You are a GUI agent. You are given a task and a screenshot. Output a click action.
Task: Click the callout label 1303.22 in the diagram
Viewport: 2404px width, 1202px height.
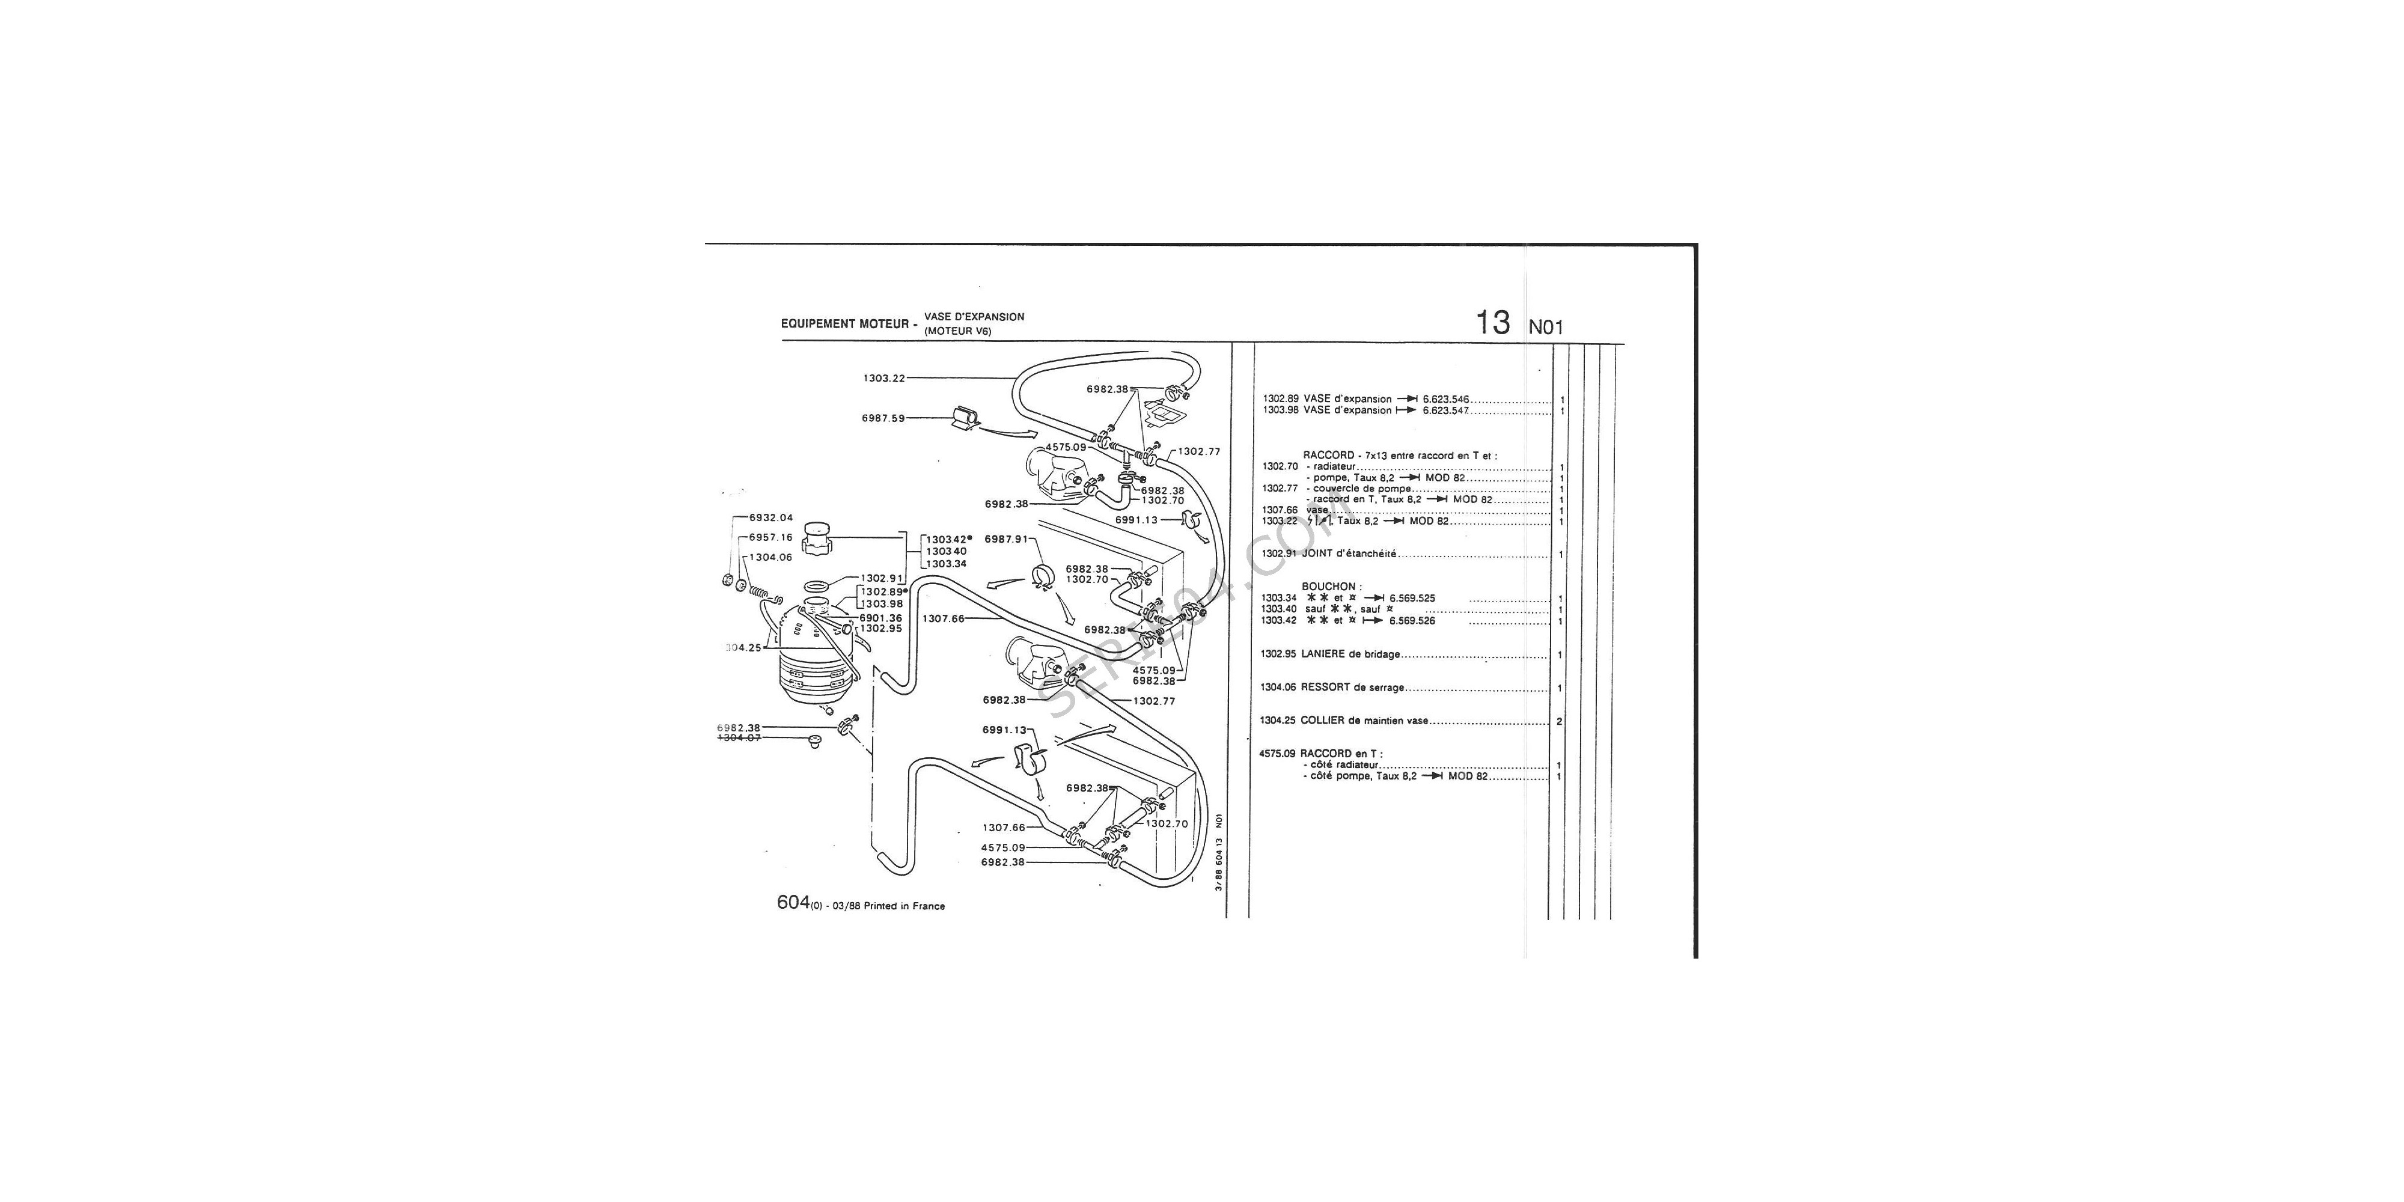(883, 378)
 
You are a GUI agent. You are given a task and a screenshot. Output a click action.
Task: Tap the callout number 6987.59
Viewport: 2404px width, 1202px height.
(883, 418)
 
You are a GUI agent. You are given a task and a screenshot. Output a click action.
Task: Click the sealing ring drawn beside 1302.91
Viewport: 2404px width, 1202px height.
(817, 586)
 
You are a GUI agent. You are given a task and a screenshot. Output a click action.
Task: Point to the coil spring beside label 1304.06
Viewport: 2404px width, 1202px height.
(761, 590)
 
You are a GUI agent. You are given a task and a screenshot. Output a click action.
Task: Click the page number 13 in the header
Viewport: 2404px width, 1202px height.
(1492, 323)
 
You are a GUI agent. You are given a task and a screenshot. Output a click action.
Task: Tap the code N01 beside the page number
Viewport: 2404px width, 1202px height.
(1545, 328)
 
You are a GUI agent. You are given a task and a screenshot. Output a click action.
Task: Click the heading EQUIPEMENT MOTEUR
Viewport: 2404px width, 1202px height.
(844, 324)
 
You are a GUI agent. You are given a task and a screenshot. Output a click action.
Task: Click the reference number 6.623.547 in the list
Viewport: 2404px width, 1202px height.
(1445, 410)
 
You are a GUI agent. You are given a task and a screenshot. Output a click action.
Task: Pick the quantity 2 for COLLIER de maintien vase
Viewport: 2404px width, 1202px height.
(1560, 721)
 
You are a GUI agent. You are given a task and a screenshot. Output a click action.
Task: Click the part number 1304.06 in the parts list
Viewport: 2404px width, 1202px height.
(1278, 688)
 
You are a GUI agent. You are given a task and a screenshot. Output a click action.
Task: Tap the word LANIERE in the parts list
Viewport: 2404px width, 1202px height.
(1323, 654)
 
